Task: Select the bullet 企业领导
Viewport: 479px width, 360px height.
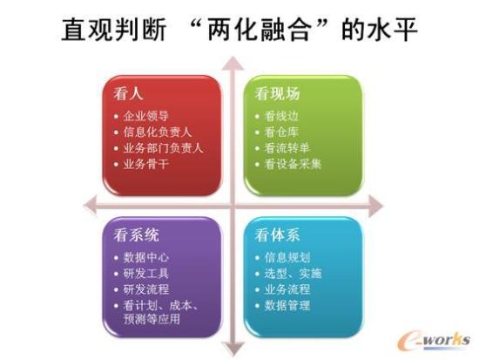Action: [x=145, y=115]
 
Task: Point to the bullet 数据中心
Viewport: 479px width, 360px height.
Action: [x=145, y=258]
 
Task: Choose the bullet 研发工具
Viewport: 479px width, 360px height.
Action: [x=145, y=274]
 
